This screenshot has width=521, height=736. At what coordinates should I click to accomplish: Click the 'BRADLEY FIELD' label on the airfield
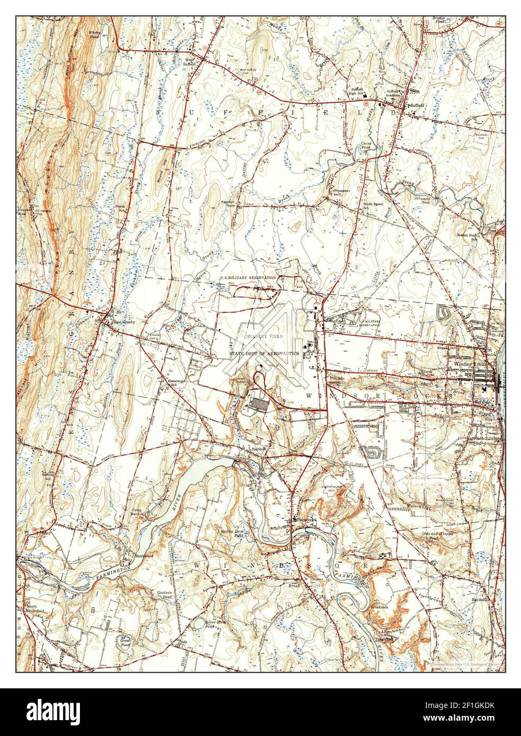[264, 336]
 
